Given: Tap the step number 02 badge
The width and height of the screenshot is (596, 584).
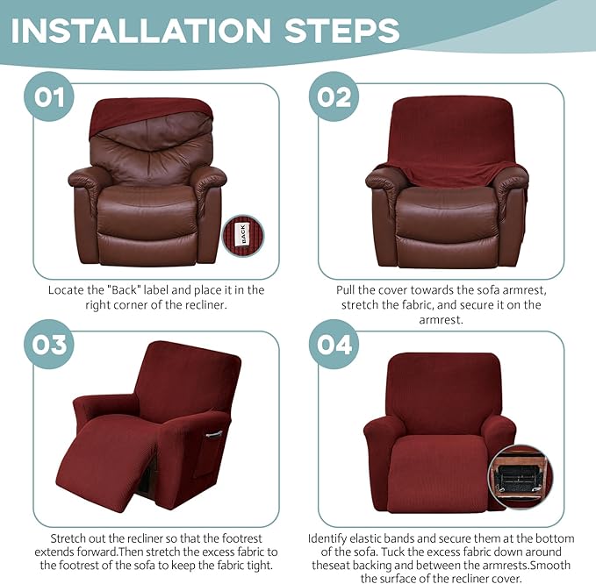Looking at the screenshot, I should (334, 96).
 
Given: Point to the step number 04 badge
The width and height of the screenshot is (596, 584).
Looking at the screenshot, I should (334, 344).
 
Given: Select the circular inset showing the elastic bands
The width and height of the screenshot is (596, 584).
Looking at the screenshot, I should (523, 477).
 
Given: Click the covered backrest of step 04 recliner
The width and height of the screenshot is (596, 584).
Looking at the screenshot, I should (438, 390).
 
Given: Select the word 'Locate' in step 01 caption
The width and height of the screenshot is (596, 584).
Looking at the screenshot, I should (67, 289).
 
